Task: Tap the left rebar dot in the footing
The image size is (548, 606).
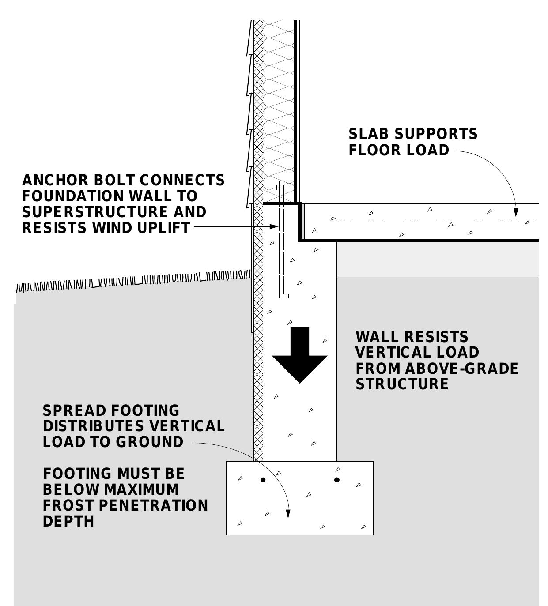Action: (263, 480)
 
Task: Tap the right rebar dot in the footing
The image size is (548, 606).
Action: (337, 480)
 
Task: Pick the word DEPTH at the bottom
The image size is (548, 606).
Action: (68, 521)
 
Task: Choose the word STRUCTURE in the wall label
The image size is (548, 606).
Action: (402, 384)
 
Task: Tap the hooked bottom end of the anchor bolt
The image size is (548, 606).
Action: (284, 295)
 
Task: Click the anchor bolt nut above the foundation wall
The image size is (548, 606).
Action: (281, 187)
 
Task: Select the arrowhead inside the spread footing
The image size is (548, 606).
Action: (288, 514)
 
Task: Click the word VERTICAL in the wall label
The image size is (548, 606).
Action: (385, 353)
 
